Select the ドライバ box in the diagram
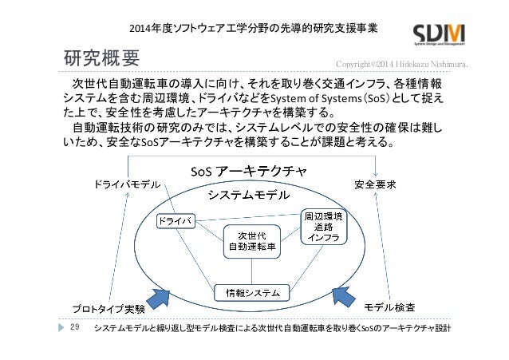(x=176, y=219)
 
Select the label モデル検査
(x=389, y=307)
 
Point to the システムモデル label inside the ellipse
(x=249, y=195)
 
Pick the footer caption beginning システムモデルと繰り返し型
(x=272, y=329)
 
